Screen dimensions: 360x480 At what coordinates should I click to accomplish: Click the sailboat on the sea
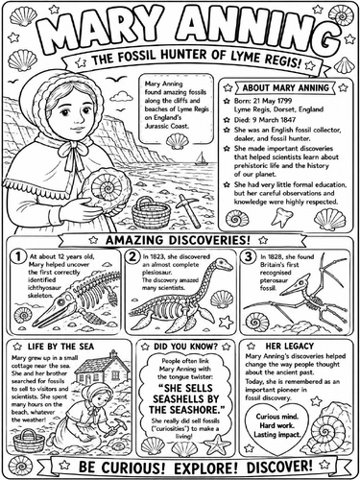point(202,158)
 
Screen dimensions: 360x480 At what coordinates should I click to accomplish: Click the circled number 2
point(132,257)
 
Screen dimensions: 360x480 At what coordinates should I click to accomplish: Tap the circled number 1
point(18,257)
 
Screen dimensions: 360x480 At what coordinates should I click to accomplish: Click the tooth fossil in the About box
point(281,218)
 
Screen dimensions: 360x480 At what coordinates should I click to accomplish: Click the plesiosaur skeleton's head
point(223,264)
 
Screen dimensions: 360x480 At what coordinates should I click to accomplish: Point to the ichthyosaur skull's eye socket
point(60,301)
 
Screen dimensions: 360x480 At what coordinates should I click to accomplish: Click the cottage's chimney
point(113,354)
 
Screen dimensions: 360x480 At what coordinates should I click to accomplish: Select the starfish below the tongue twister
point(217,444)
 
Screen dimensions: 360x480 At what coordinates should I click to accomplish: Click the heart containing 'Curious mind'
point(276,428)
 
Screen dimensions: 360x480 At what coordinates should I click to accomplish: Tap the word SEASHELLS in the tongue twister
point(185,399)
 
